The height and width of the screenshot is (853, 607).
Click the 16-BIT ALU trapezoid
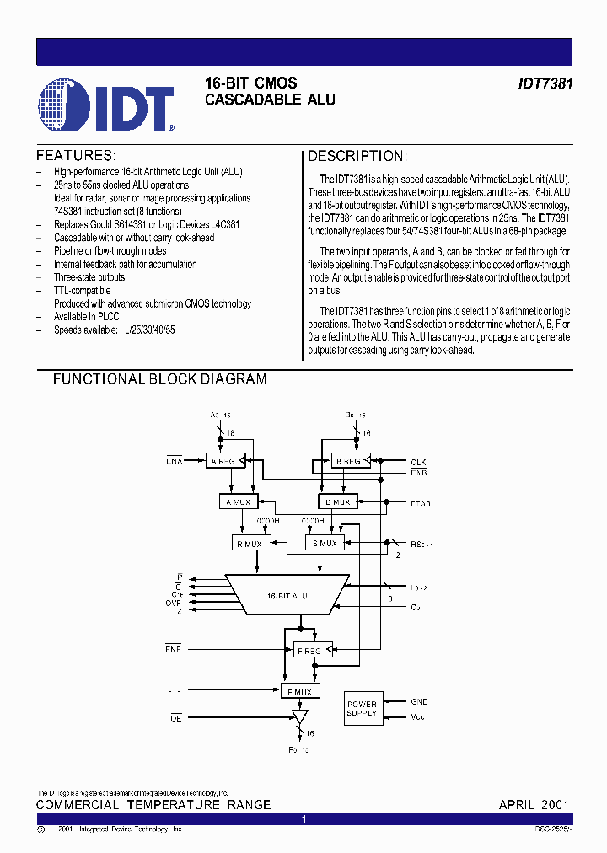287,595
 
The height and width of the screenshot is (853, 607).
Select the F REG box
309,650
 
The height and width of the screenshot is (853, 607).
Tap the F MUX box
299,692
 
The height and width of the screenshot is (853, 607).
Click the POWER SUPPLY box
362,709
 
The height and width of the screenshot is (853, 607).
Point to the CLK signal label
419,462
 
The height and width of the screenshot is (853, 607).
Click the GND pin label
419,701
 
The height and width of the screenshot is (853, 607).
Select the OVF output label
175,602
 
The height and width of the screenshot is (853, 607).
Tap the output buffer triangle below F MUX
298,716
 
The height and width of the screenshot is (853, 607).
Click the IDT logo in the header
106,106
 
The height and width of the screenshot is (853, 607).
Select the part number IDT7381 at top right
545,85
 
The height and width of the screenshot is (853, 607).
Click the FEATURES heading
75,156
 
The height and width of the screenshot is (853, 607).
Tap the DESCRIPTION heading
357,156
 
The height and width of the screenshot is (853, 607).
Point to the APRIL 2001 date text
534,804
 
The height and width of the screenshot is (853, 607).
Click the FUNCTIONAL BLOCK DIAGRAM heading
160,379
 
